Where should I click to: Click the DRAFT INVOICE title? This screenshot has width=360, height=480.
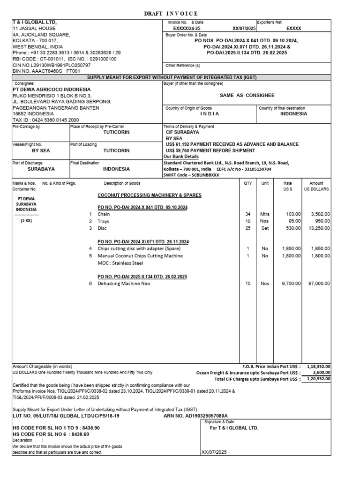170,14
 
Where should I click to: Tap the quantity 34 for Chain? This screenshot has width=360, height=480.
247,214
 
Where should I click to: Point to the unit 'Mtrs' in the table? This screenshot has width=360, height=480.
265,214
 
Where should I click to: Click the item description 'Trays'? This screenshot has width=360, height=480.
104,221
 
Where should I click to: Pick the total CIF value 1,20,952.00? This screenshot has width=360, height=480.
319,379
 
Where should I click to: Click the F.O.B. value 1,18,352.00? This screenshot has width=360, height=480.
319,367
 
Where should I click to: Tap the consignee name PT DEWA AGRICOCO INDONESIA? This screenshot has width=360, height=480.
52,90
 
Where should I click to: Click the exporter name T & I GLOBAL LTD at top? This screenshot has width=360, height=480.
35,22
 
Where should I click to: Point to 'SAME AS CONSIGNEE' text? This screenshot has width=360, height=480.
247,95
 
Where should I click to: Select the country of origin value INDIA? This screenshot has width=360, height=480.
210,114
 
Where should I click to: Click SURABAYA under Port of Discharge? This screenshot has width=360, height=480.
41,169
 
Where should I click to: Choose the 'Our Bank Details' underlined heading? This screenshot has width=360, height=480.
181,157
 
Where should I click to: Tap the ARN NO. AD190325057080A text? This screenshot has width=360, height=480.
195,415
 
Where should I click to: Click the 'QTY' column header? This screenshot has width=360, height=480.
247,183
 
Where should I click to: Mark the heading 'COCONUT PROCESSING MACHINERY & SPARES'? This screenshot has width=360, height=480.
149,195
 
